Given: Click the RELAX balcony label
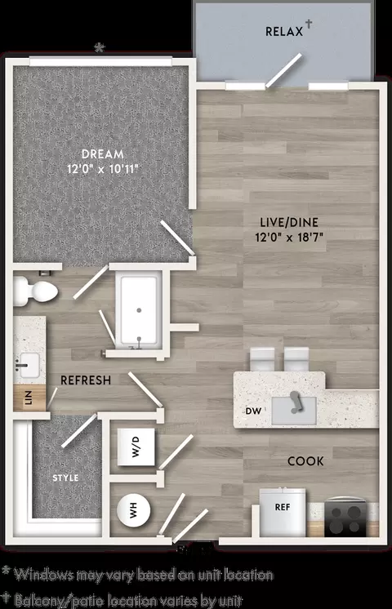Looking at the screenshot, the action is [x=284, y=32].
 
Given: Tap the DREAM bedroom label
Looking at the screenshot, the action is [x=103, y=154].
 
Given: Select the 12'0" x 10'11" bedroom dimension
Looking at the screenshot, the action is [x=103, y=169].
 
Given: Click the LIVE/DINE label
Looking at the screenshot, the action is [x=289, y=222].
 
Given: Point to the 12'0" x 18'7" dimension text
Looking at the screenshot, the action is [x=289, y=237].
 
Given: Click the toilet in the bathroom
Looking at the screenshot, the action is [x=36, y=290].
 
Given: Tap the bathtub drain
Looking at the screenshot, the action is [x=139, y=310].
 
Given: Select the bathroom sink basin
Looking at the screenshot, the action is [x=29, y=365].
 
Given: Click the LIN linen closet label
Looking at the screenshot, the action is [x=29, y=398].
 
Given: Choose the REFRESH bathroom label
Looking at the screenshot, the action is [x=86, y=380].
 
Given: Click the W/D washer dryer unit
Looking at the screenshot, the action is [x=136, y=447].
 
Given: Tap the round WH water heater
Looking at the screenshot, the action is [x=134, y=510].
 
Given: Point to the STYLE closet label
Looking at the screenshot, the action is [x=65, y=478].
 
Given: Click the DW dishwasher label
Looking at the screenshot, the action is [x=253, y=411].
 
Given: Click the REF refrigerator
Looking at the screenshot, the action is [x=283, y=513].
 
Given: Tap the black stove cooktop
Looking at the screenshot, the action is [x=345, y=518].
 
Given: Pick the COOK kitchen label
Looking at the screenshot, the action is [x=305, y=461].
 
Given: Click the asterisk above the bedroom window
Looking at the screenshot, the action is [x=100, y=48].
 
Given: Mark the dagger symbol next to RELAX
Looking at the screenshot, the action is [x=309, y=24].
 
